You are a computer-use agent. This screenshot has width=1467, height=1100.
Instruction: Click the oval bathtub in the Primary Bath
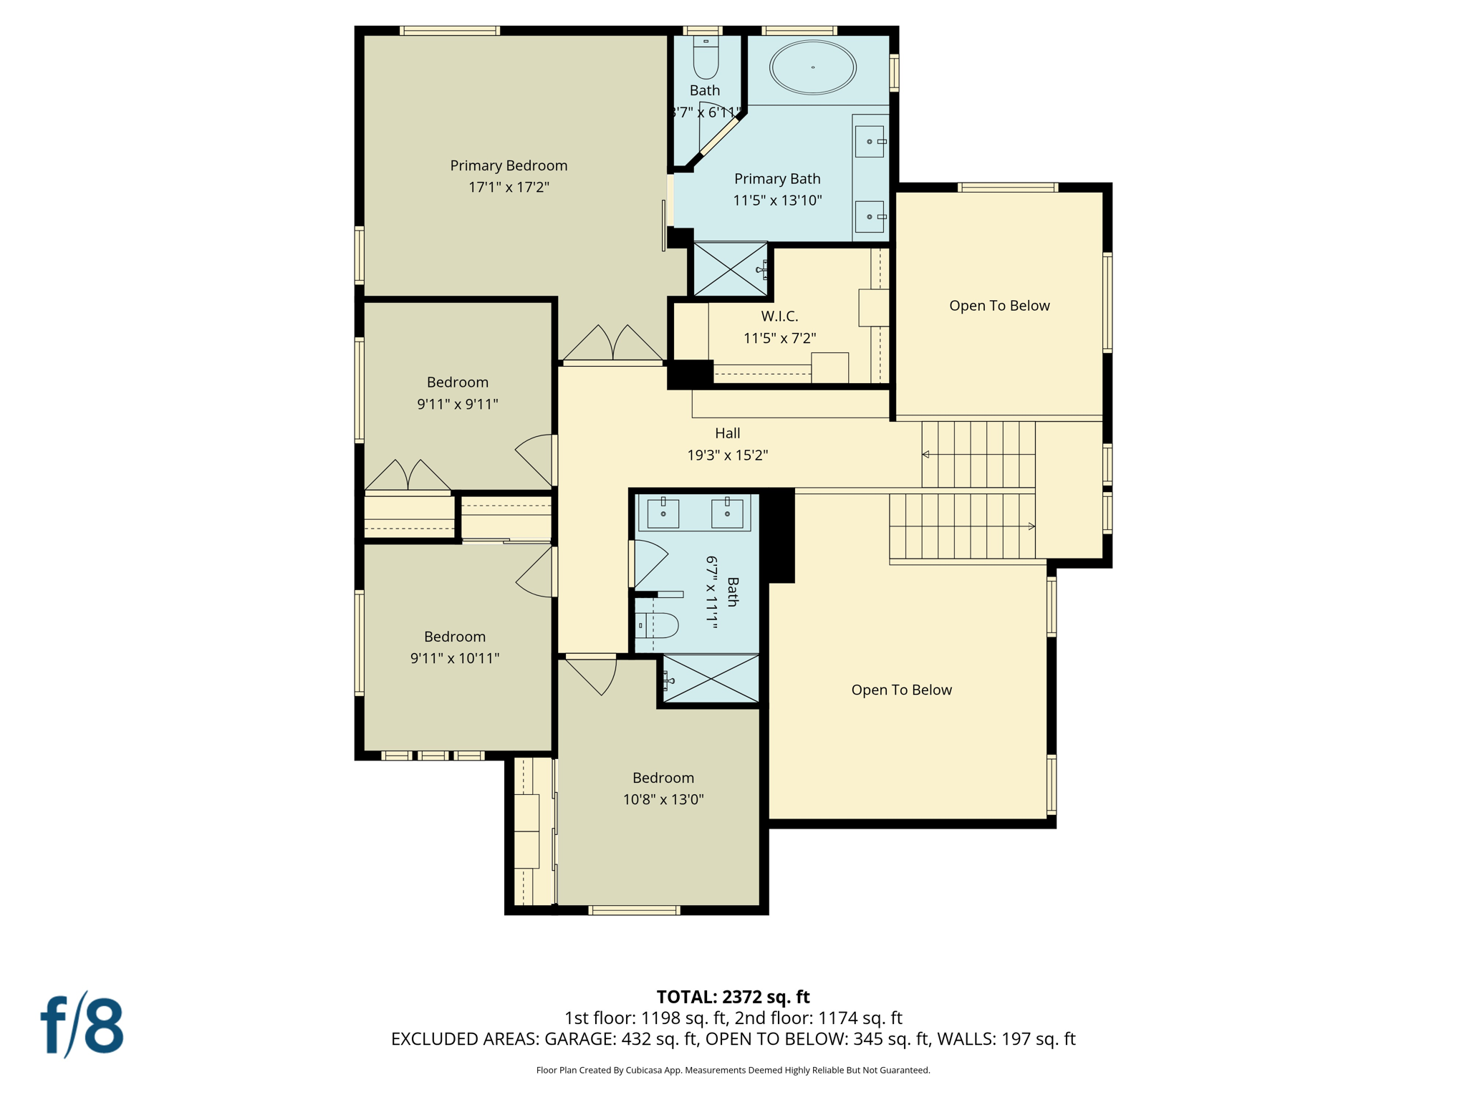(x=812, y=67)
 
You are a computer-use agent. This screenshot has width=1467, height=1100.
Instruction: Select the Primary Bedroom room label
(x=509, y=165)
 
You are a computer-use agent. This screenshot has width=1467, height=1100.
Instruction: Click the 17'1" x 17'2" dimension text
(x=509, y=187)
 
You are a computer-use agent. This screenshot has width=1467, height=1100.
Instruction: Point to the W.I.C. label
(x=779, y=316)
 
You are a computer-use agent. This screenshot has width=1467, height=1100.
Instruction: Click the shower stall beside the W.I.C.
(x=730, y=269)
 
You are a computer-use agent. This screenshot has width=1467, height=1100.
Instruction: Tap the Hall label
(x=727, y=433)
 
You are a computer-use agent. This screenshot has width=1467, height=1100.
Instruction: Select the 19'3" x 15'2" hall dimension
(x=727, y=455)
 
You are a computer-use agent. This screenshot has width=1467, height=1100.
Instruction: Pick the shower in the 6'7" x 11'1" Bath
(x=711, y=678)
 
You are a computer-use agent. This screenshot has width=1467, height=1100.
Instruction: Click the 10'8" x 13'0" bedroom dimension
(x=663, y=799)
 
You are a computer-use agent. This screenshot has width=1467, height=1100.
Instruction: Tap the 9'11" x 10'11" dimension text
(x=455, y=658)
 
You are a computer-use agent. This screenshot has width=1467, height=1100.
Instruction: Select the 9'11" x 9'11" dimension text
(x=458, y=404)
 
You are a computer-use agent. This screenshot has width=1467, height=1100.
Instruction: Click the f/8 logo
(x=82, y=1024)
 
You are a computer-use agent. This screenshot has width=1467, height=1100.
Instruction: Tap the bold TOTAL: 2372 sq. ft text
(x=733, y=997)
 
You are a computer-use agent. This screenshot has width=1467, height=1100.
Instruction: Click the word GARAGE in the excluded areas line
(x=579, y=1038)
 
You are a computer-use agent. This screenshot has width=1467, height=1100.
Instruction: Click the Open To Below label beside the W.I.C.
(x=999, y=306)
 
